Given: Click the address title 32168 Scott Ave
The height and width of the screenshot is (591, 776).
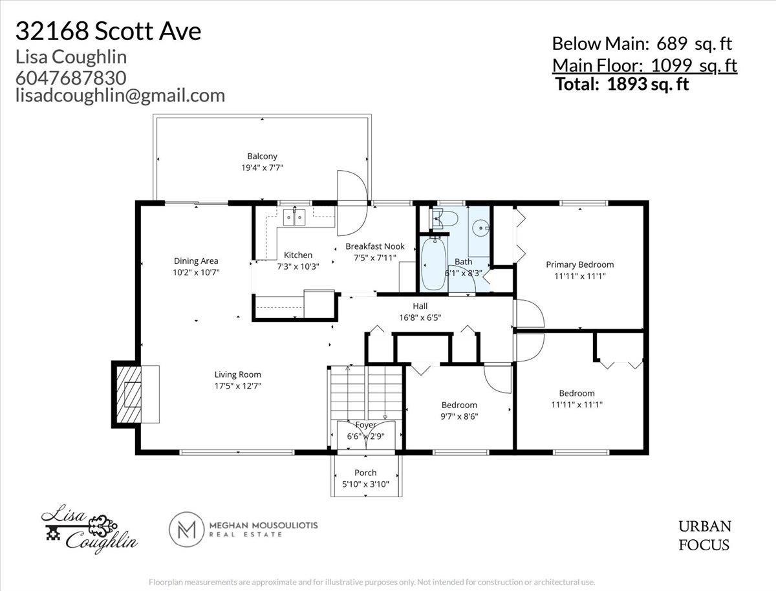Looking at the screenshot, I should [x=108, y=30].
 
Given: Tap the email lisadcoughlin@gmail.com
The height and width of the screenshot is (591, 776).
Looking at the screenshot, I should [x=120, y=95].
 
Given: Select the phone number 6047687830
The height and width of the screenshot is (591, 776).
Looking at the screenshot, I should [x=70, y=77].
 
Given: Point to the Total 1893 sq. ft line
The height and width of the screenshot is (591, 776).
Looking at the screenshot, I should [x=622, y=83].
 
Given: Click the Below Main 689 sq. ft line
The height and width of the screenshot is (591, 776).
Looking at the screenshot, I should [x=641, y=44].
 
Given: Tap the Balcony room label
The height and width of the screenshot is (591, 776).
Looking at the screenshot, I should [x=262, y=156].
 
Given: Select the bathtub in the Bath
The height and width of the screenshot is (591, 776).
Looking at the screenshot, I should [x=432, y=264].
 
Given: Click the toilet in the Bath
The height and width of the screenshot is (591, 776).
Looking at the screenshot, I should [x=446, y=219].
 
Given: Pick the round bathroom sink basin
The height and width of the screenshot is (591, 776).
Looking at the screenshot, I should [x=480, y=228].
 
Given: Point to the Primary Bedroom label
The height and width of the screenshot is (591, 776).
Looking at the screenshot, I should [x=579, y=264].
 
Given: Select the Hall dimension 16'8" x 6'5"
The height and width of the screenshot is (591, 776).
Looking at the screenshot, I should [x=420, y=317].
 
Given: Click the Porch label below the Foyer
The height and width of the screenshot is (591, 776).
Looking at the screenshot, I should [x=365, y=473].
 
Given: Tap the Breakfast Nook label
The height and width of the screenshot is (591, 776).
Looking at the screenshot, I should [x=374, y=246].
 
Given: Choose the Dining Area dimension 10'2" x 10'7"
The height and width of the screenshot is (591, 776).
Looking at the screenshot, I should [x=195, y=272].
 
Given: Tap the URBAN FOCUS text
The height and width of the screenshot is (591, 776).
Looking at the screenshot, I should [x=704, y=535].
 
